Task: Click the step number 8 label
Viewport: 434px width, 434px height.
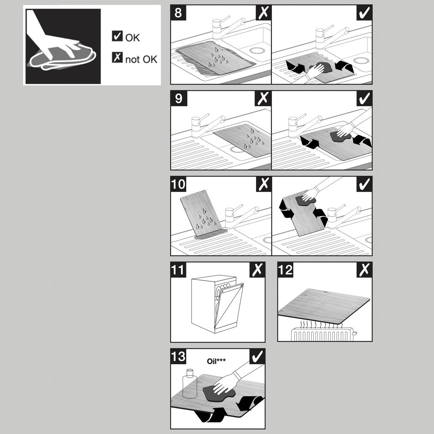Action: pyautogui.click(x=178, y=13)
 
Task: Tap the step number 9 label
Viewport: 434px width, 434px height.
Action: pyautogui.click(x=179, y=98)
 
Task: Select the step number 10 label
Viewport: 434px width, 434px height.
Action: pyautogui.click(x=178, y=184)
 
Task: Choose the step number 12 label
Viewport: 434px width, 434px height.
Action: pyautogui.click(x=286, y=269)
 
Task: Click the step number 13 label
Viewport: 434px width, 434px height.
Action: pyautogui.click(x=178, y=356)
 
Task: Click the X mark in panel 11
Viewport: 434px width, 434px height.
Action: pyautogui.click(x=257, y=269)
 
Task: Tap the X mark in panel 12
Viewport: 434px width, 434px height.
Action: pyautogui.click(x=364, y=269)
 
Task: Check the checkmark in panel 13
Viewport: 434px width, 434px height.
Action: pyautogui.click(x=257, y=356)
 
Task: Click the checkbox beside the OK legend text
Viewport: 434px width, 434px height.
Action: pyautogui.click(x=117, y=36)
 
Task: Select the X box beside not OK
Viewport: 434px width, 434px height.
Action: pyautogui.click(x=117, y=57)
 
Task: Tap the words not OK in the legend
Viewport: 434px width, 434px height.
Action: pyautogui.click(x=141, y=59)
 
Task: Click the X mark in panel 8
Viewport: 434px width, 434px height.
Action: pyautogui.click(x=263, y=13)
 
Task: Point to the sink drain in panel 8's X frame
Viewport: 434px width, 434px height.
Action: pyautogui.click(x=257, y=50)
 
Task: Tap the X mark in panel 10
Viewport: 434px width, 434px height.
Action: pyautogui.click(x=263, y=184)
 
